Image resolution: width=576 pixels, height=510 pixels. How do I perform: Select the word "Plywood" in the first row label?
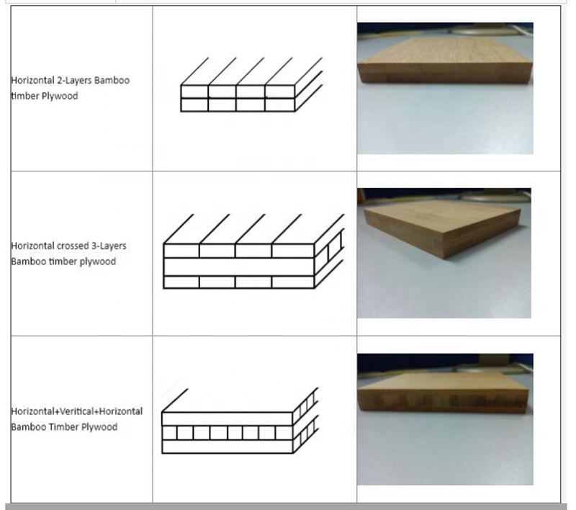coord(60,97)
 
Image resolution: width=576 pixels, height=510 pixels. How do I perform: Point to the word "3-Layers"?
coord(109,246)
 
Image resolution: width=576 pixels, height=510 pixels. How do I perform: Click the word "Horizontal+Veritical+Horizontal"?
coord(77,411)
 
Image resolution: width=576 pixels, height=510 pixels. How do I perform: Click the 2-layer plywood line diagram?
coord(251,84)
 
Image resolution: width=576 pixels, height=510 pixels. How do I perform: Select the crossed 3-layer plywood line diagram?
coord(254,251)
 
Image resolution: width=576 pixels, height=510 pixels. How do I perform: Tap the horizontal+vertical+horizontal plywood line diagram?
coord(240,421)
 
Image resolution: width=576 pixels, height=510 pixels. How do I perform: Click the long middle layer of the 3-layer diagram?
coord(239,267)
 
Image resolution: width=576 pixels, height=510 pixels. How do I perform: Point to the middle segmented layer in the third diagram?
coord(228,433)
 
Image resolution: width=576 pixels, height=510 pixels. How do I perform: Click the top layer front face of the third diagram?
coord(228,419)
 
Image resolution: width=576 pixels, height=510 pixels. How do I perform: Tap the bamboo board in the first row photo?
coord(446,59)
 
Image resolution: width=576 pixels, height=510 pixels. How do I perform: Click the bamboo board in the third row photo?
coord(443,393)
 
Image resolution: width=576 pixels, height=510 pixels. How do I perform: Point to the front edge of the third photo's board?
coord(443,401)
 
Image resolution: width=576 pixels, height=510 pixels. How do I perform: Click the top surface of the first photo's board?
coord(446,50)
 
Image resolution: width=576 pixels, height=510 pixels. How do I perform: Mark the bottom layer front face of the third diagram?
coord(228,447)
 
